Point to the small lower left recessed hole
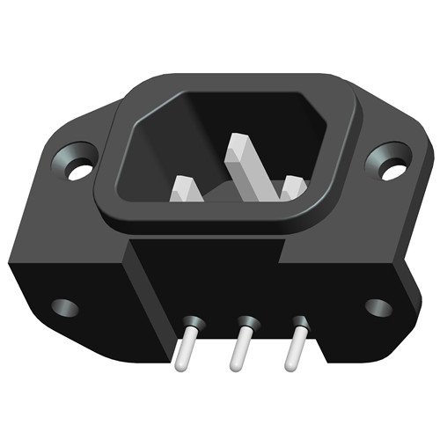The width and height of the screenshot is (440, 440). click(64, 307)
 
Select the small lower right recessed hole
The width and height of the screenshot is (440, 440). click(378, 307)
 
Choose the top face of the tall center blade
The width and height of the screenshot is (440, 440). click(240, 148)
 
